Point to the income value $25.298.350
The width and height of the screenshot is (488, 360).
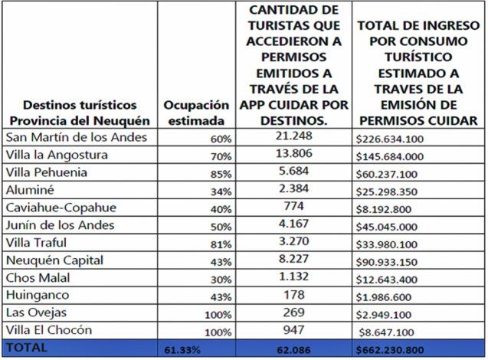pyautogui.click(x=395, y=191)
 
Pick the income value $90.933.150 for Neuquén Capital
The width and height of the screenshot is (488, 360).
pyautogui.click(x=395, y=261)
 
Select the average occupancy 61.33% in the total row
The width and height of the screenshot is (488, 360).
pyautogui.click(x=183, y=350)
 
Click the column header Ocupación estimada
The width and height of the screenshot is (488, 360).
pyautogui.click(x=196, y=112)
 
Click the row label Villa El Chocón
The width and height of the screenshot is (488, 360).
pyautogui.click(x=50, y=330)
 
